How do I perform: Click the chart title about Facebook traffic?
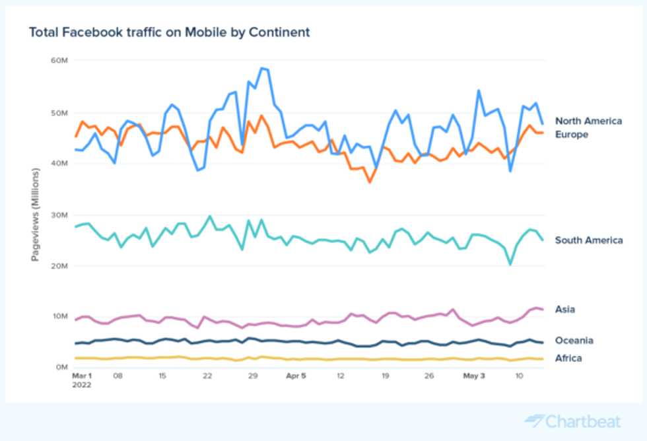169,32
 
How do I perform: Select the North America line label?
588,121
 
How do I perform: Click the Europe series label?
572,135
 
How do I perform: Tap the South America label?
588,240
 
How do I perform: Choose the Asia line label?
566,309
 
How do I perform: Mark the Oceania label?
574,341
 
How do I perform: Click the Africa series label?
568,358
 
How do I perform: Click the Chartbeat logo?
573,421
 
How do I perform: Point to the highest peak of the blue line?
261,68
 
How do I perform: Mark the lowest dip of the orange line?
370,182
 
